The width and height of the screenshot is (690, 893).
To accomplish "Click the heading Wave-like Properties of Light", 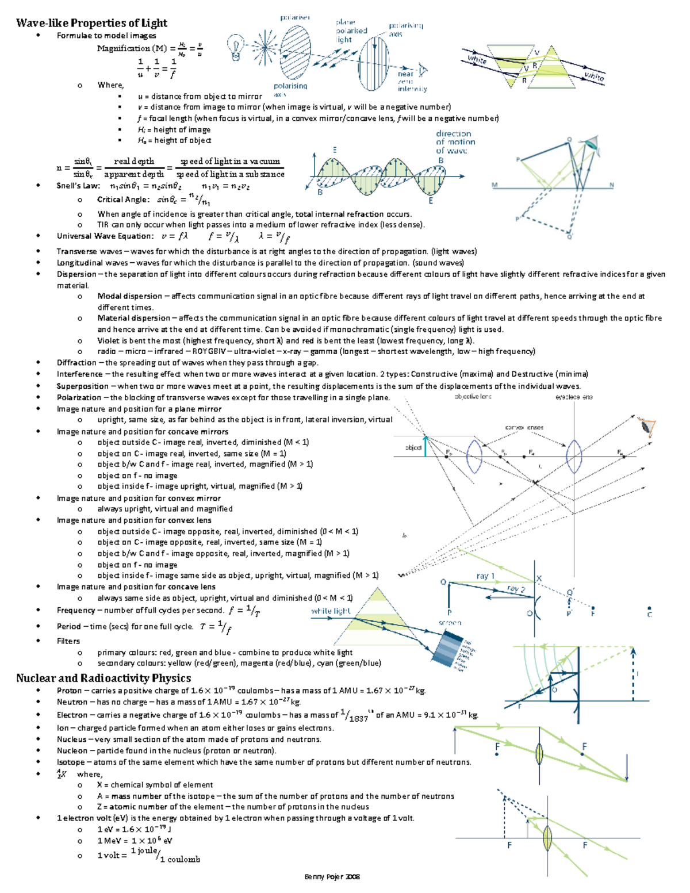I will pyautogui.click(x=91, y=23).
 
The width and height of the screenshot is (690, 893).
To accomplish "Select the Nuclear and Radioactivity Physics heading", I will pyautogui.click(x=103, y=678).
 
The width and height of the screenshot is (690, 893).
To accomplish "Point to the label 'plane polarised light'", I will pyautogui.click(x=351, y=31).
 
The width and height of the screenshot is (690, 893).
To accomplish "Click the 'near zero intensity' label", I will pyautogui.click(x=412, y=81).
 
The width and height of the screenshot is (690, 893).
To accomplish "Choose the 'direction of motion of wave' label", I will pyautogui.click(x=455, y=142).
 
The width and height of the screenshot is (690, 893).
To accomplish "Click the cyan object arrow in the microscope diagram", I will pyautogui.click(x=425, y=447).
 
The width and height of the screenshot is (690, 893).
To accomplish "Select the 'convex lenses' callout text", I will pyautogui.click(x=524, y=427).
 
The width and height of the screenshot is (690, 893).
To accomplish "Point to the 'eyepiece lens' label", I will pyautogui.click(x=573, y=397).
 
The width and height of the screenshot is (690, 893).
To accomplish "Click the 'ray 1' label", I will pyautogui.click(x=485, y=576).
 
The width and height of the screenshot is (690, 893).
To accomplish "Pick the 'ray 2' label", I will pyautogui.click(x=516, y=589).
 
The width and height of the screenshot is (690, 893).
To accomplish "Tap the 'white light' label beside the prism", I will pyautogui.click(x=331, y=611).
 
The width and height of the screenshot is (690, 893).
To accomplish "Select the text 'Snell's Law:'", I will pyautogui.click(x=78, y=186).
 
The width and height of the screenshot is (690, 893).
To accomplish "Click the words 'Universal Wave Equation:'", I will pyautogui.click(x=105, y=236).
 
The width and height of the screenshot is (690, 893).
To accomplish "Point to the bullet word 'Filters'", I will pyautogui.click(x=68, y=641).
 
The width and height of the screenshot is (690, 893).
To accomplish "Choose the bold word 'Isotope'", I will pyautogui.click(x=72, y=762).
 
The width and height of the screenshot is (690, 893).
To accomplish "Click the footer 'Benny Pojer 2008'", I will pyautogui.click(x=332, y=877).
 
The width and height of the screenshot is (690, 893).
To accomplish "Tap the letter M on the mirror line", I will pyautogui.click(x=494, y=185).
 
